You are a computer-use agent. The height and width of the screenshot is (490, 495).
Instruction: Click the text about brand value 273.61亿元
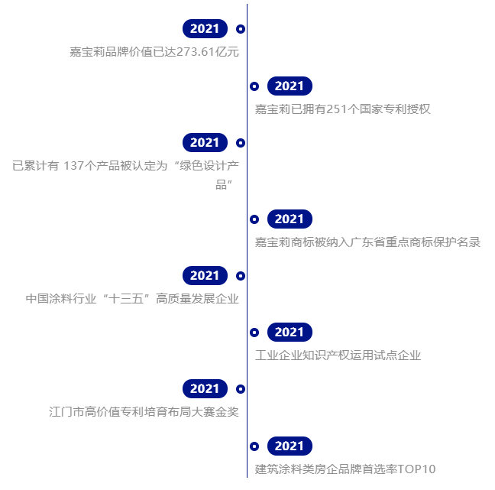point(154,52)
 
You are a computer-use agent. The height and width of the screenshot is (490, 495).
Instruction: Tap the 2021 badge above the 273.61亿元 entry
point(205,29)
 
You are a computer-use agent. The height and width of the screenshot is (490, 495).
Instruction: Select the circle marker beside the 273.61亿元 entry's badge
point(241,29)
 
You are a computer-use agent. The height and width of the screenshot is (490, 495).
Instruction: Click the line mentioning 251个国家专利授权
point(343,109)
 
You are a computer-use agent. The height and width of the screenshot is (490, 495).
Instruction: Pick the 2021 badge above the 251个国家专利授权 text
point(290,86)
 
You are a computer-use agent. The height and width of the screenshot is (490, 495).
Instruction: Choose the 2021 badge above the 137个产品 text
point(205,143)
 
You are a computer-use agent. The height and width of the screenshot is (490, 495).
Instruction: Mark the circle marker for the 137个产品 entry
point(241,143)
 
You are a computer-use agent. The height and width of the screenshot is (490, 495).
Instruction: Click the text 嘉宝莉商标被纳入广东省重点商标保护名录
point(367,242)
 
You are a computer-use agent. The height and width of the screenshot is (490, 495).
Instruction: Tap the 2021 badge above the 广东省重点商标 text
point(290,219)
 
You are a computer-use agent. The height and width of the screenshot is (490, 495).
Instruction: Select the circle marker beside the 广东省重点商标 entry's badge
point(254,219)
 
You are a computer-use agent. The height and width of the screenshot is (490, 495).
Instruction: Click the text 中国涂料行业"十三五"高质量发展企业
point(132,299)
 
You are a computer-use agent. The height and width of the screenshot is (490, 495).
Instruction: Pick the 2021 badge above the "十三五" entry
point(205,276)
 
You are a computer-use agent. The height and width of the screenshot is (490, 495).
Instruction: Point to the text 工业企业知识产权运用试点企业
point(338,355)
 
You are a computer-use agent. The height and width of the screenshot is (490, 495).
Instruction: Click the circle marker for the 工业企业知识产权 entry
point(254,333)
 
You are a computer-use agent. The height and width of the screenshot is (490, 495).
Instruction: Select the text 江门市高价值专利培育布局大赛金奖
point(143,412)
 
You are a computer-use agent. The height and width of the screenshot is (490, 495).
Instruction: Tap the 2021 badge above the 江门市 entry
point(205,389)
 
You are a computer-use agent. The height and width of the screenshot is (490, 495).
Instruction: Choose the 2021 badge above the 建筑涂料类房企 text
point(290,446)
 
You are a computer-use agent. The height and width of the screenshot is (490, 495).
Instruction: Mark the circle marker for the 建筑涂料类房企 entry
point(254,446)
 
